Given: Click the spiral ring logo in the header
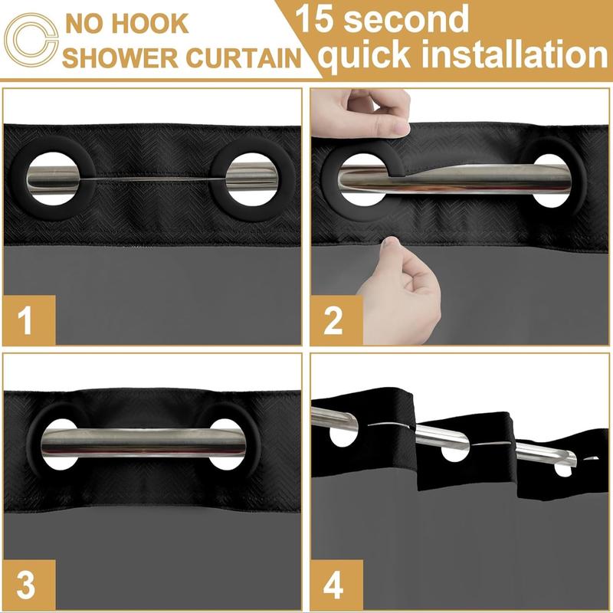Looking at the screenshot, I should point(31,40).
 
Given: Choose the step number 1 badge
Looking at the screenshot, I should point(27,320).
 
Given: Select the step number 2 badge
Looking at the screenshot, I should point(333,320).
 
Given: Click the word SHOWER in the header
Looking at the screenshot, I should point(129,59).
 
